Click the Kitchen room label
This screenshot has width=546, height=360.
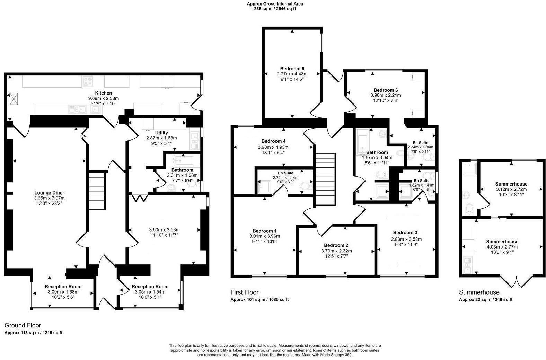104,93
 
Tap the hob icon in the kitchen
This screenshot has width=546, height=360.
88,81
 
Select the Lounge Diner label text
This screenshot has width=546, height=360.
49,193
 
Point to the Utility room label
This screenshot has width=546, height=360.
161,133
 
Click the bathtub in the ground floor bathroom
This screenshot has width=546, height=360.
186,160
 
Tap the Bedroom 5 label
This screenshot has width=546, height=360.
292,68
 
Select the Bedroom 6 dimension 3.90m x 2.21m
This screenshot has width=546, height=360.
386,95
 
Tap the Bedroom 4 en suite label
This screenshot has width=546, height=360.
285,173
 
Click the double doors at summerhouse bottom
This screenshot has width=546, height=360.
516,282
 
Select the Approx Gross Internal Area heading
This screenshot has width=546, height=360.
275,4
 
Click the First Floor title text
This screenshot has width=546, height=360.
245,292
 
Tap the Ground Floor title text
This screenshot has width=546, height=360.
23,325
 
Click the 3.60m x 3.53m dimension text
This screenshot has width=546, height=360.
164,229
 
